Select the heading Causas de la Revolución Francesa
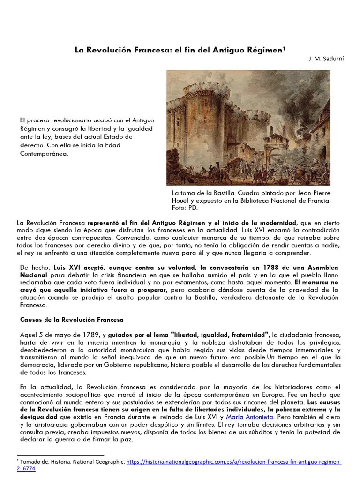pos(72,320)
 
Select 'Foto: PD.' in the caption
pos(186,207)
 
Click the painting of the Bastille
pos(248,127)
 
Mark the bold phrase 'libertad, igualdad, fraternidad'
pos(220,335)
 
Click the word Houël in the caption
pos(181,200)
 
